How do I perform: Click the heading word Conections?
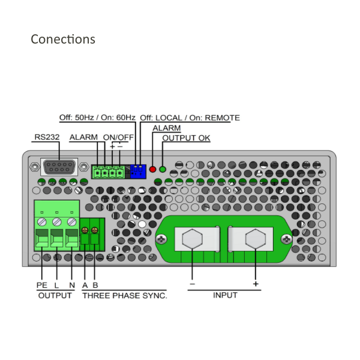point(63,40)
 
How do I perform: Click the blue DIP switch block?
point(138,171)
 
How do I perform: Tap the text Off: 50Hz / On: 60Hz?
point(97,118)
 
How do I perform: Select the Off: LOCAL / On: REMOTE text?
point(190,118)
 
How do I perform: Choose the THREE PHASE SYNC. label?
point(125,295)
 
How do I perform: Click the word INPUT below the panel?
point(225,295)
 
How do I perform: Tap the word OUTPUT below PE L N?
point(55,295)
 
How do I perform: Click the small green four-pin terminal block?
point(109,173)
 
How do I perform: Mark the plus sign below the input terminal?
point(256,283)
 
